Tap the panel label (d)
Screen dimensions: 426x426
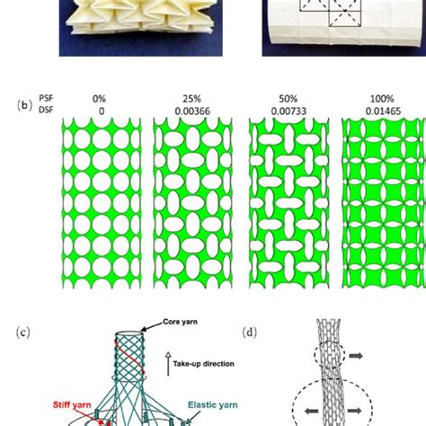point(251,332)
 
